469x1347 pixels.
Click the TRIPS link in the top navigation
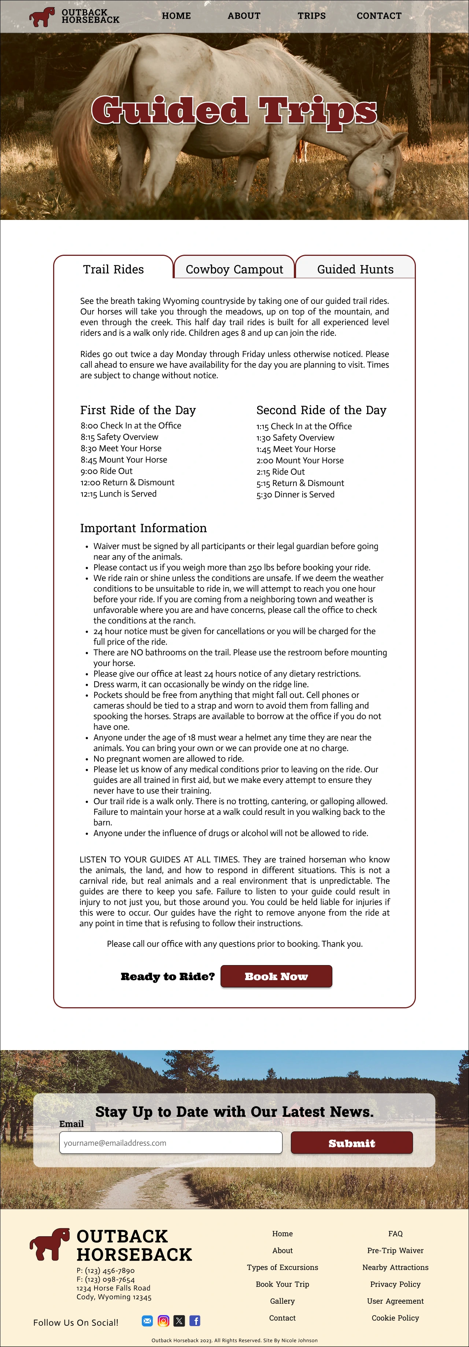pos(311,16)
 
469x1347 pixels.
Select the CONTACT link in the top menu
pos(379,16)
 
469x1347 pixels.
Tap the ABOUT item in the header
pos(244,16)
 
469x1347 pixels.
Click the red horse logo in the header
pos(42,17)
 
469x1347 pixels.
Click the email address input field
pos(170,1142)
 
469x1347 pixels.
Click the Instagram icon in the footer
pos(163,1321)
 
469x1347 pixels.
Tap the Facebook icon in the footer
pos(195,1321)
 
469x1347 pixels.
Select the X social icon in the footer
pos(179,1321)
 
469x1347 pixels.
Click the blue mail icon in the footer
pos(147,1321)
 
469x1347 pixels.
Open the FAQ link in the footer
pos(395,1233)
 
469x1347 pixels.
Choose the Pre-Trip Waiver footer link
pos(395,1250)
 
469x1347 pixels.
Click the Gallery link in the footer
pos(282,1301)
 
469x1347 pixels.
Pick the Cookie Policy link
pos(395,1318)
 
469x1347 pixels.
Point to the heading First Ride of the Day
pos(138,410)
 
